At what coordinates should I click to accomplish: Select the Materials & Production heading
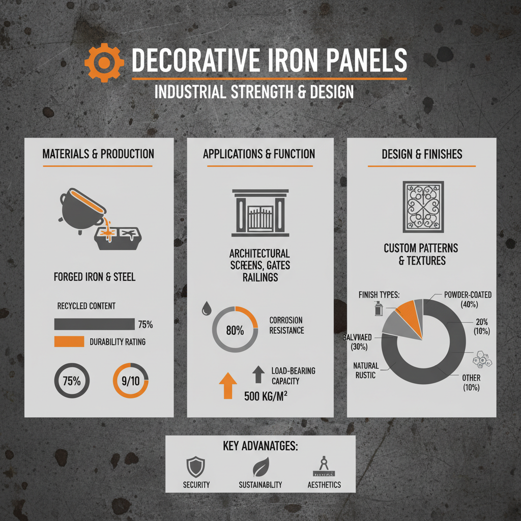tap(98, 154)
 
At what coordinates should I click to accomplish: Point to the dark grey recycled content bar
tap(94, 324)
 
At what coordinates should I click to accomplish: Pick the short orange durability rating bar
tap(69, 341)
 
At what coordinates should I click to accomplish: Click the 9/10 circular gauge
tap(130, 381)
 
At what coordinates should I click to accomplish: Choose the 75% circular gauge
tap(72, 381)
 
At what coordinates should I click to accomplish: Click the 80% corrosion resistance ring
tap(235, 330)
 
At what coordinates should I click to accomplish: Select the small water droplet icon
tap(208, 308)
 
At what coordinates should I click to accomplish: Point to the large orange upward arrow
tap(228, 386)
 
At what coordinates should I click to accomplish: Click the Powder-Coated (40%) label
tap(468, 300)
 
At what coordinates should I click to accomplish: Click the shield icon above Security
tap(196, 466)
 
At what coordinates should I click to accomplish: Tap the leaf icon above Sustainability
tap(260, 466)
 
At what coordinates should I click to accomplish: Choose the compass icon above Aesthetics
tap(324, 465)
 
